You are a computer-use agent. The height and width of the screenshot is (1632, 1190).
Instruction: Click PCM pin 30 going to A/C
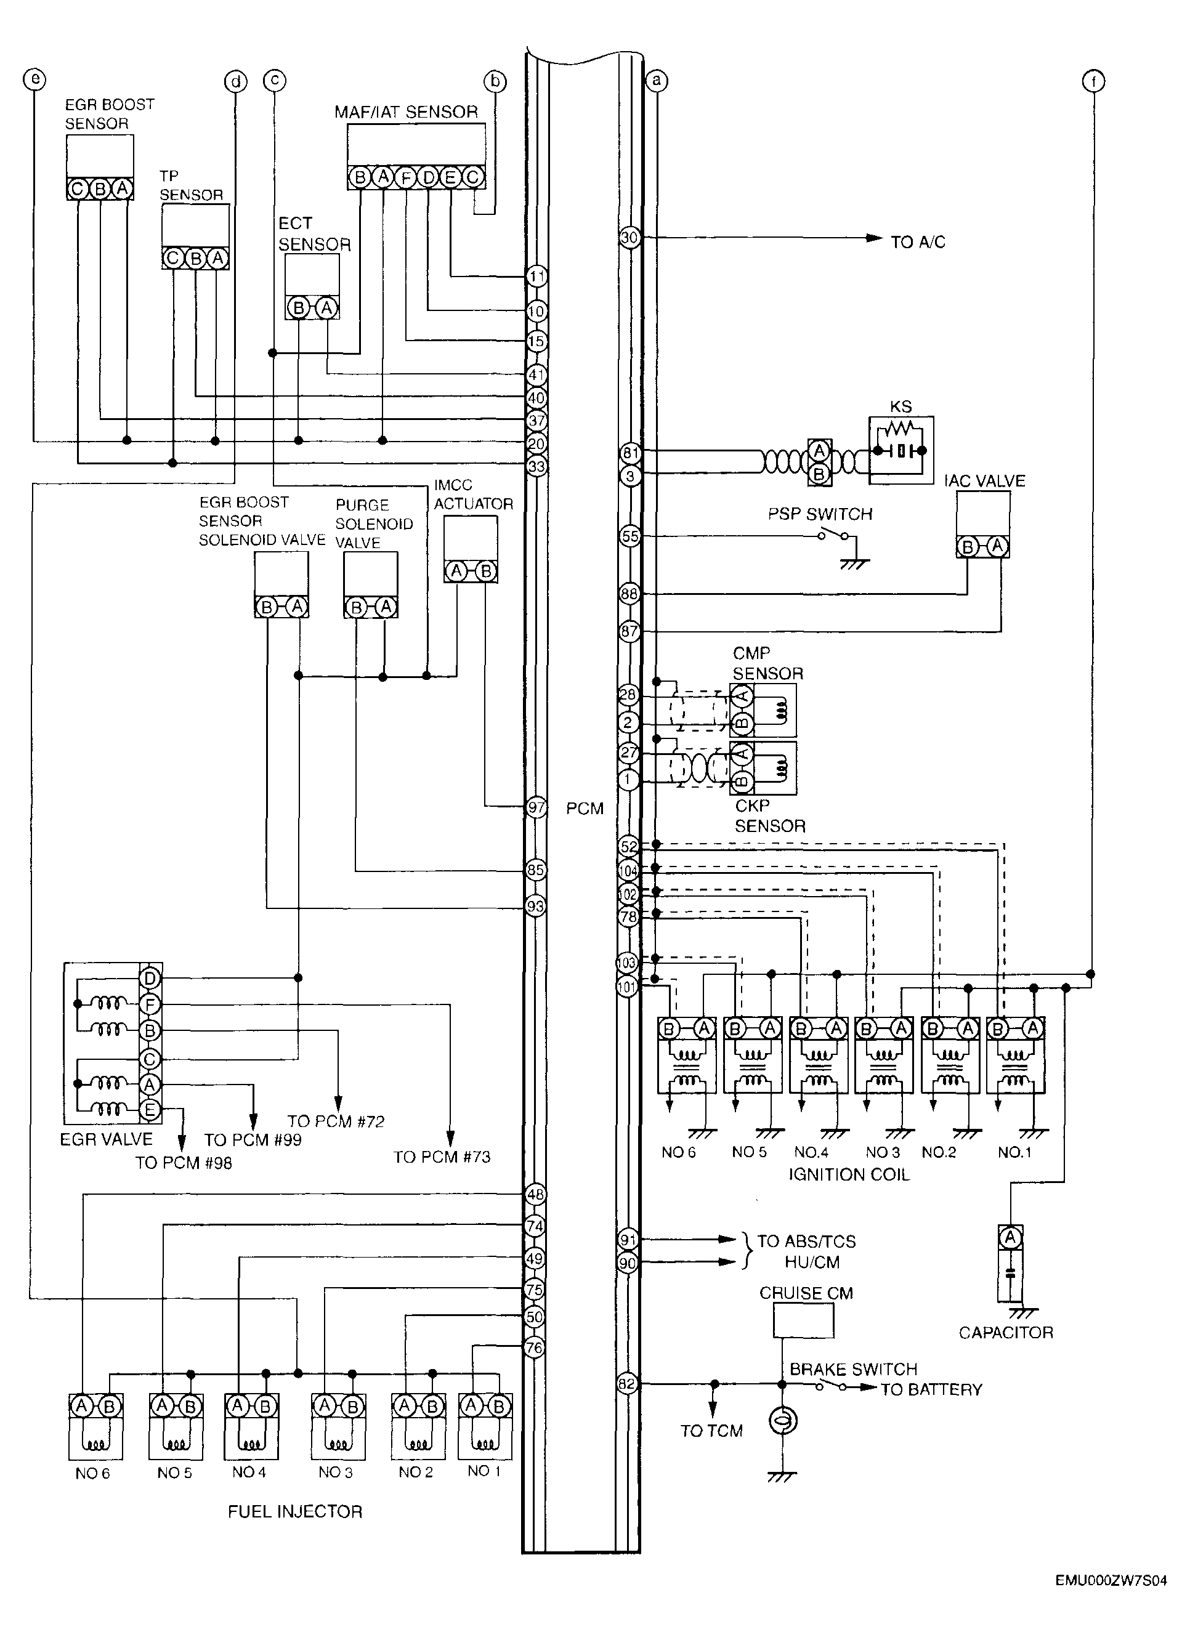(629, 237)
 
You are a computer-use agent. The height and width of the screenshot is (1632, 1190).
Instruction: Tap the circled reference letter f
(1093, 81)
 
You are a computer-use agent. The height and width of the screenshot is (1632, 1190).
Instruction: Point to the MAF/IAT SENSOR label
(407, 111)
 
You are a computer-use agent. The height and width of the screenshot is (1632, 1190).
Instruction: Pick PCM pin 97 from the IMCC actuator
(536, 807)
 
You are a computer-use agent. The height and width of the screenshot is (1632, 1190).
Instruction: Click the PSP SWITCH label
(820, 514)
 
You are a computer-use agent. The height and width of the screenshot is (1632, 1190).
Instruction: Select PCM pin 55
(629, 536)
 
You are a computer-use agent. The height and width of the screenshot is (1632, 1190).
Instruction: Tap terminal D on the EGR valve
(150, 978)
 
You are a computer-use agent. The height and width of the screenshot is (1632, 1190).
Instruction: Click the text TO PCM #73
(442, 1157)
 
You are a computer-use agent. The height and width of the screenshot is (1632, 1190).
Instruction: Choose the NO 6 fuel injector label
(92, 1474)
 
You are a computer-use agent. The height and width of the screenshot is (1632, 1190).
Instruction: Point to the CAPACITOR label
(1006, 1333)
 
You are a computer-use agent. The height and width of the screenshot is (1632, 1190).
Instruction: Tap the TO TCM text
(711, 1431)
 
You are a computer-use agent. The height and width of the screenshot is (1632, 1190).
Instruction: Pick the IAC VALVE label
(985, 480)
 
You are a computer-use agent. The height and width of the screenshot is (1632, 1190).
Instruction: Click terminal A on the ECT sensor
(326, 309)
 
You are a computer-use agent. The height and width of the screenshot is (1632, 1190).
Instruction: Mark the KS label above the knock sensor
(901, 406)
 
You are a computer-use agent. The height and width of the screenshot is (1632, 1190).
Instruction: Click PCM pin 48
(536, 1194)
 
